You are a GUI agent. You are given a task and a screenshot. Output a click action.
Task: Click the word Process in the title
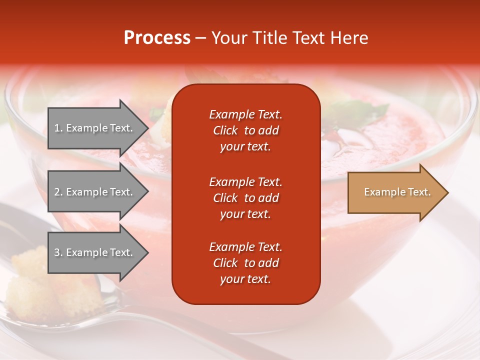(x=157, y=38)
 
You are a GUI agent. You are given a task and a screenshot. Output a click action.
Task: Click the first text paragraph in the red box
(x=245, y=130)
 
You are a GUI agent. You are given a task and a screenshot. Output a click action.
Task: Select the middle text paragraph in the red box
(x=245, y=198)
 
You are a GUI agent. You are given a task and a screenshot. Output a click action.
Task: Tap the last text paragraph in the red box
(x=245, y=263)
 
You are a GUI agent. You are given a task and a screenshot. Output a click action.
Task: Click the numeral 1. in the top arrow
(x=58, y=128)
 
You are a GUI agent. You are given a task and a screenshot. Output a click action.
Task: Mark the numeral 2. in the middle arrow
(x=58, y=192)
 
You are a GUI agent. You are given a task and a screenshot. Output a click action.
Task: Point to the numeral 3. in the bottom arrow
(x=58, y=252)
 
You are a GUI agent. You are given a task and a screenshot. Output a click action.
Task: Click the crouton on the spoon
(x=30, y=280)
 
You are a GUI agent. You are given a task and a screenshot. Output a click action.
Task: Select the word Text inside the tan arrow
(x=419, y=192)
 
